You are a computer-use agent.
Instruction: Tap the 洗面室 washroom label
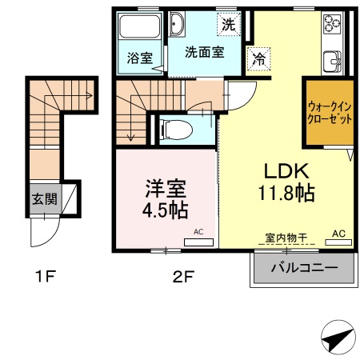tap(204, 51)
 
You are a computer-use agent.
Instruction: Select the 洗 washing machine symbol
tap(229, 24)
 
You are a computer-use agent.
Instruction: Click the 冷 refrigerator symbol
tap(258, 58)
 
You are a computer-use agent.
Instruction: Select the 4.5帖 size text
tap(166, 211)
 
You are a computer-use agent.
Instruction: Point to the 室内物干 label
tap(285, 238)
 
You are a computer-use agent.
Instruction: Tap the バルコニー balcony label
tap(303, 267)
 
